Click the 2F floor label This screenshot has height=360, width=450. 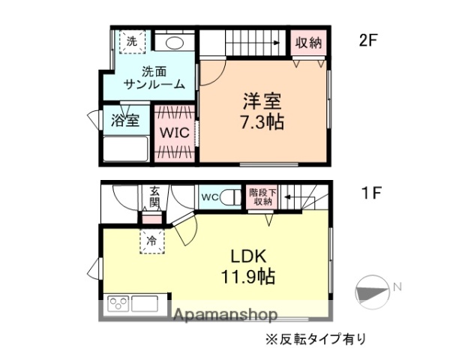coord(367,41)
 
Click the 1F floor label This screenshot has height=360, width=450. coord(372,193)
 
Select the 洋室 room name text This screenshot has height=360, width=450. coord(262,99)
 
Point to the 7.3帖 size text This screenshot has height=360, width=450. coord(262,121)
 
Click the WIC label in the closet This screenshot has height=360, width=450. coord(174,133)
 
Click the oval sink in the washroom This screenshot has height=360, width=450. coord(175,42)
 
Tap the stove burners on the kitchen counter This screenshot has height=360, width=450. coord(118,304)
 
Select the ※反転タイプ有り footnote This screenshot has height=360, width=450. coord(315,338)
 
